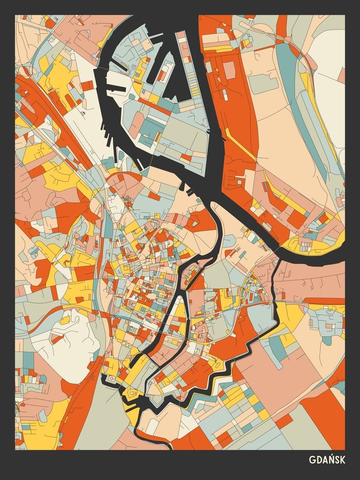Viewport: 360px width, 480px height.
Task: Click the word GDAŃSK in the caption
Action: click(x=328, y=460)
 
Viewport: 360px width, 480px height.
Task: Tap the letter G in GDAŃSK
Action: click(x=313, y=460)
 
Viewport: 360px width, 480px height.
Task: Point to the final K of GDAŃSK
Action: click(x=342, y=460)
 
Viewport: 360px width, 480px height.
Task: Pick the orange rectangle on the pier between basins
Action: click(x=163, y=72)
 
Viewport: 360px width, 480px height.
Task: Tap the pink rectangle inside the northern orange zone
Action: click(x=229, y=70)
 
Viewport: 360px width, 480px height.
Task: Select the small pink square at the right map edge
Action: click(x=341, y=75)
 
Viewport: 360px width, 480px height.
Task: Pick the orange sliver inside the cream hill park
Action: click(x=58, y=338)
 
